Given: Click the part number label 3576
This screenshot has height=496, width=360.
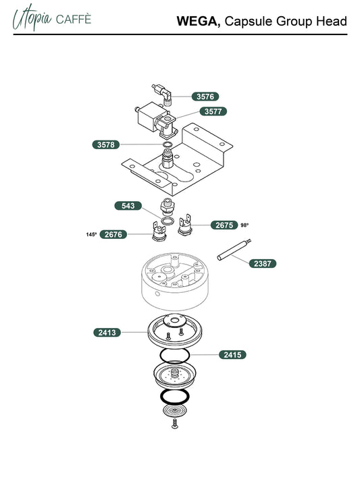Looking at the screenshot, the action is click(x=205, y=97).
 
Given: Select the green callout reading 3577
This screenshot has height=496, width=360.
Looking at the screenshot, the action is click(x=213, y=111).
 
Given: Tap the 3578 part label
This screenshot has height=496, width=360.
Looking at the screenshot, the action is click(x=106, y=144).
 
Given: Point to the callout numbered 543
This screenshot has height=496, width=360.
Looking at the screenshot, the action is click(x=128, y=206).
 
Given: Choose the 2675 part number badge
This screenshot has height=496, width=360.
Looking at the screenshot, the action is click(x=224, y=225).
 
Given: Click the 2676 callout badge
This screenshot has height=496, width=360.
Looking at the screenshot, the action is click(x=113, y=234).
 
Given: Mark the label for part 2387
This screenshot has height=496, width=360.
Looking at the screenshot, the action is click(x=263, y=263).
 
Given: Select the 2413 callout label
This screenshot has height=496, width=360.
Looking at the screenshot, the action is click(x=107, y=333).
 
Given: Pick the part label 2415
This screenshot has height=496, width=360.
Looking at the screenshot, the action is click(x=232, y=354).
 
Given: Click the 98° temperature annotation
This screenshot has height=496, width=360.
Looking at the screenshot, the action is click(x=245, y=225).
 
